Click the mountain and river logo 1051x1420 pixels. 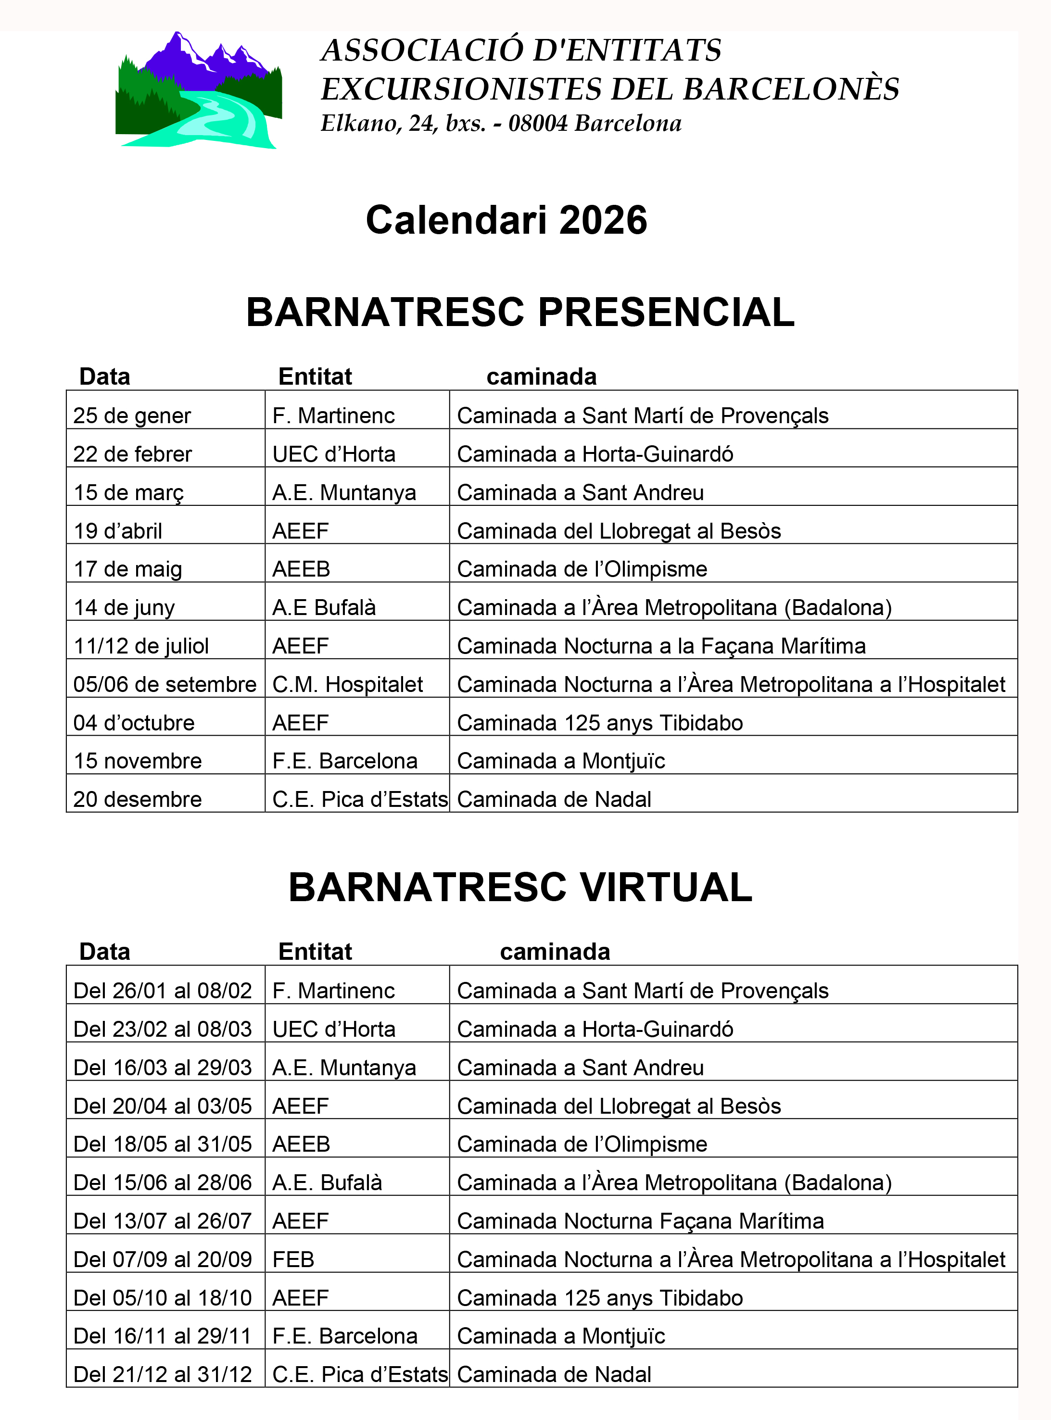click(199, 91)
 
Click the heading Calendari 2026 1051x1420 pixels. click(507, 220)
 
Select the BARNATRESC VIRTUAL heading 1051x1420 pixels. click(520, 887)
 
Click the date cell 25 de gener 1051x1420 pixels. click(132, 416)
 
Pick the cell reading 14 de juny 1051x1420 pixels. click(124, 608)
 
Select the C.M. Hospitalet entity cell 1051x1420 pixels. click(347, 685)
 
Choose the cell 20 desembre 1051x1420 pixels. click(138, 799)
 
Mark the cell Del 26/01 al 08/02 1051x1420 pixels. click(163, 991)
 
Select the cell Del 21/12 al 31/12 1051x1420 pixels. click(163, 1375)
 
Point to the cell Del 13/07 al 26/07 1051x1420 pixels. click(163, 1221)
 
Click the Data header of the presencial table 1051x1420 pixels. click(105, 377)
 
